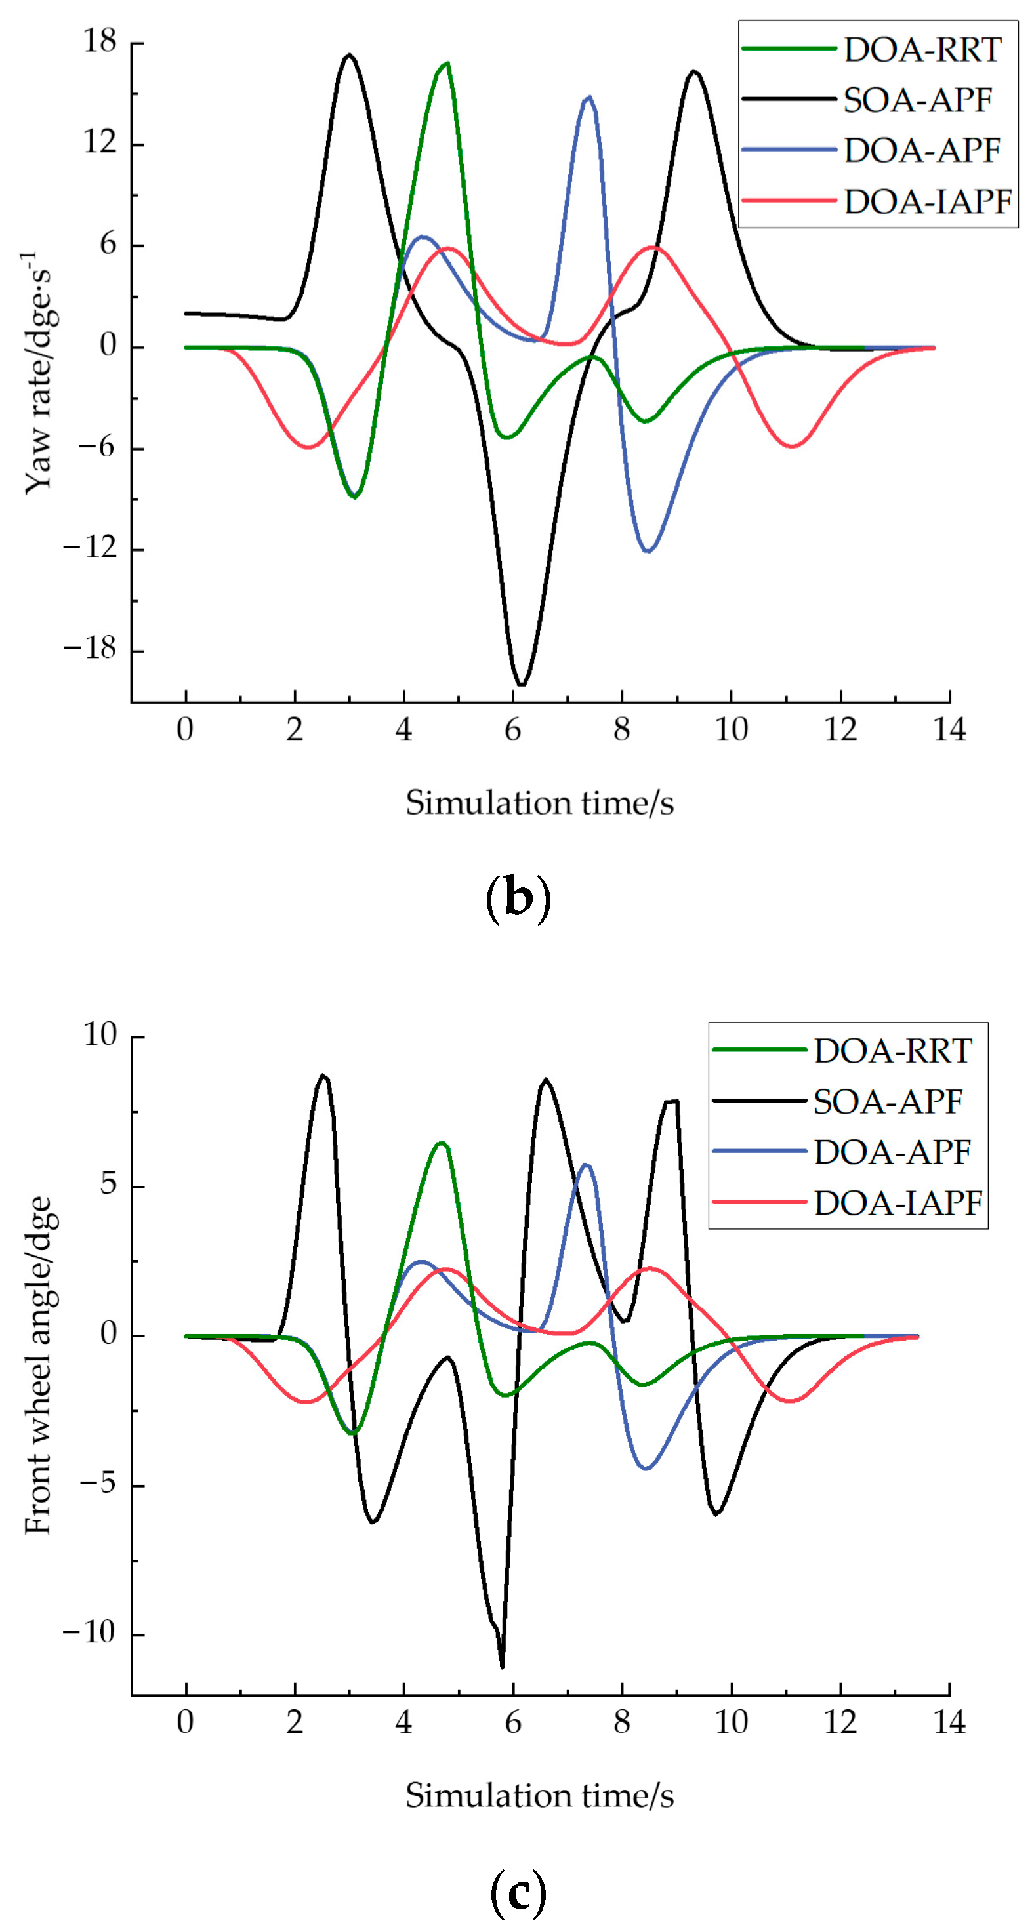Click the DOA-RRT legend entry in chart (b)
922,50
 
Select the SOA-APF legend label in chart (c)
888,1101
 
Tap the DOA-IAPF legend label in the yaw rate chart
928,202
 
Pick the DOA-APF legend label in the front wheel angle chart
892,1152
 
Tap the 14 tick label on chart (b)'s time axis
949,729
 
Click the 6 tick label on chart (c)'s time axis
512,1722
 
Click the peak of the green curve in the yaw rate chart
446,64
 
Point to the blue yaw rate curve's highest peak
590,97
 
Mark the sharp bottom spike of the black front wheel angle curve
502,1666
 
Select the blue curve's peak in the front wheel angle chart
586,1165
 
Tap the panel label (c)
518,1892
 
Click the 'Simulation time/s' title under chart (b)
539,803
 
